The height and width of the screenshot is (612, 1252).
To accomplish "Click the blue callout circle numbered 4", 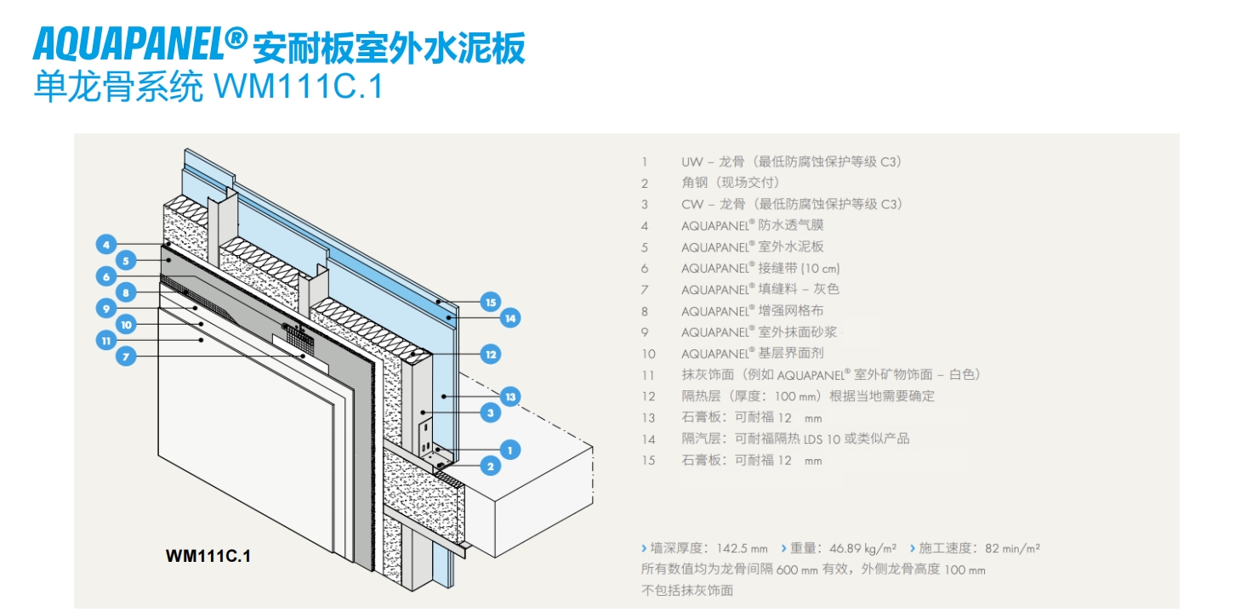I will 105,245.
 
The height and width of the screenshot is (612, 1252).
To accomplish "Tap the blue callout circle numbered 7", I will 126,357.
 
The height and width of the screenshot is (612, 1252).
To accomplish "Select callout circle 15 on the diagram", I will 489,302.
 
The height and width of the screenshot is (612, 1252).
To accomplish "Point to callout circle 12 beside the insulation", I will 489,354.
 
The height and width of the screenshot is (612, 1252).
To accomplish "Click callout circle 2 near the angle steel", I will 489,465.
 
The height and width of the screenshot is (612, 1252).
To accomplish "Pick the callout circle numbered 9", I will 105,308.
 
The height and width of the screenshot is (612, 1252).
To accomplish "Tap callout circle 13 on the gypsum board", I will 509,396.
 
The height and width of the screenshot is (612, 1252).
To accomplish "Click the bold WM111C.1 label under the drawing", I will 208,557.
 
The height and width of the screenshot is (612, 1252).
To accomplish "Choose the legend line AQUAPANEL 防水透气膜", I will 752,225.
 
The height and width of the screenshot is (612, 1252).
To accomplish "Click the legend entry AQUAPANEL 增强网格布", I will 752,311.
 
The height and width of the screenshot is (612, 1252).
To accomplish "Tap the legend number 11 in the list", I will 648,375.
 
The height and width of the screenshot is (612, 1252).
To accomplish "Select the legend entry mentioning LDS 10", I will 795,439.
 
